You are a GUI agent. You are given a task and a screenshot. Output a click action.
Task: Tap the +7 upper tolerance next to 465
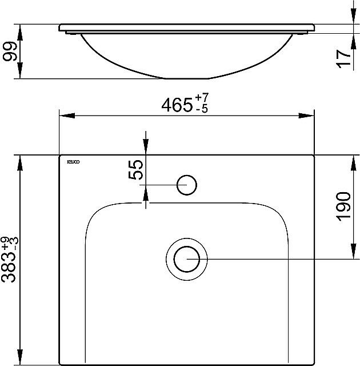pos(202,100)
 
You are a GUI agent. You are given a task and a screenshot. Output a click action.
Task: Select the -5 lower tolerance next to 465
pos(201,110)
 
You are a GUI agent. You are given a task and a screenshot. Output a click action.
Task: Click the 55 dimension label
pos(135,170)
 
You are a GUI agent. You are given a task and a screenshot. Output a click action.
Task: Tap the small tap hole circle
pos(187,185)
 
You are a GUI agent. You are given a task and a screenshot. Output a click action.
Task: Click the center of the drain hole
pos(186,259)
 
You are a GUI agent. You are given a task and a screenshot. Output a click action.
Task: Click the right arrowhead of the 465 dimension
pos(307,116)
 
